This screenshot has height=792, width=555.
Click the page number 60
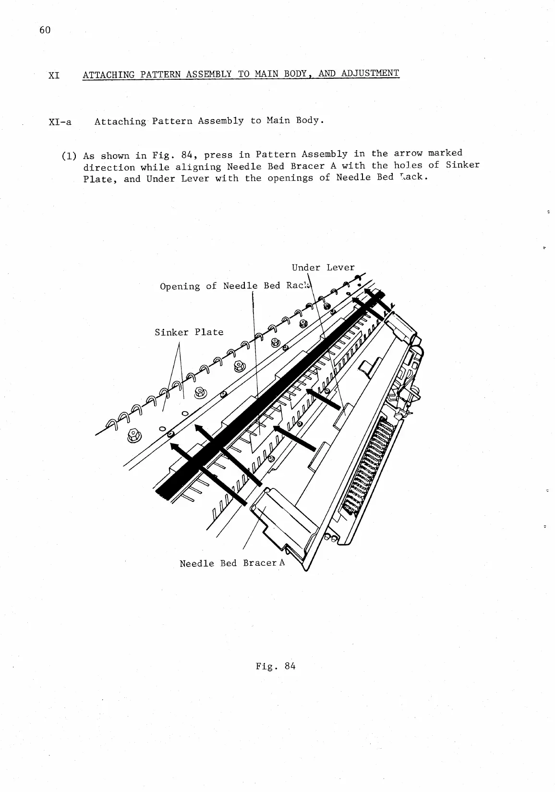(x=45, y=30)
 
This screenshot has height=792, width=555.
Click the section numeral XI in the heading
(x=54, y=76)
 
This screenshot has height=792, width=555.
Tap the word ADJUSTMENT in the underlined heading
(x=370, y=73)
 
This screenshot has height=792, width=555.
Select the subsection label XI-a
(x=60, y=122)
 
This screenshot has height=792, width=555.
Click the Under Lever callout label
(x=323, y=268)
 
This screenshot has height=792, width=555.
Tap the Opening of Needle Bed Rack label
(x=236, y=286)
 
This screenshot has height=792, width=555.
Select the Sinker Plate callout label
(x=189, y=332)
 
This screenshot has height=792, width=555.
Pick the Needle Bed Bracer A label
(x=232, y=563)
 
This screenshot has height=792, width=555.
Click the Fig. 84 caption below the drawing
(x=276, y=666)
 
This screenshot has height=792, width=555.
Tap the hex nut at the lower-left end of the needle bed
(x=133, y=435)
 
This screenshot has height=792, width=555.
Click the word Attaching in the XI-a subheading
(x=120, y=122)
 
